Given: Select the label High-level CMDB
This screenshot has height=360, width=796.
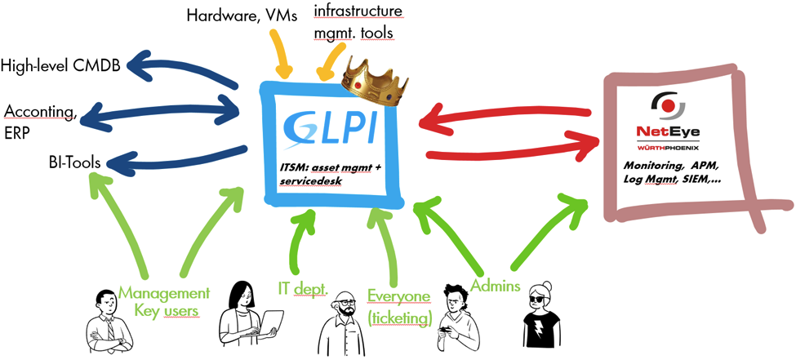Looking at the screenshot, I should [62, 65].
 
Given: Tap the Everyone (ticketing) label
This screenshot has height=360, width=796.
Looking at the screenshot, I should [398, 305].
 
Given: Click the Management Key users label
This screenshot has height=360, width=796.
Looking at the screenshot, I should [164, 303].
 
